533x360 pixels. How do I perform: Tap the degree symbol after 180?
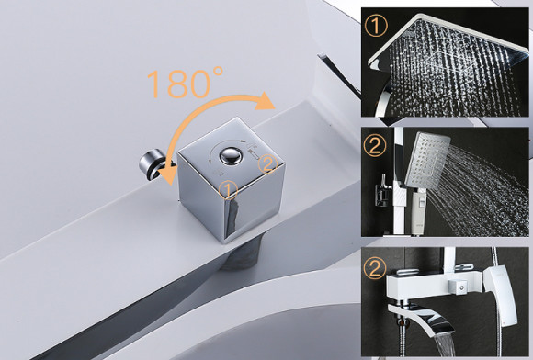(218, 72)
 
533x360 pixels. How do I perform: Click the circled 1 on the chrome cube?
(229, 189)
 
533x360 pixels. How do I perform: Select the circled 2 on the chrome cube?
(267, 163)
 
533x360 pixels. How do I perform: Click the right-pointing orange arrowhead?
(266, 100)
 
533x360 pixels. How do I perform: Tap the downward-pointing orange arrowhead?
(168, 173)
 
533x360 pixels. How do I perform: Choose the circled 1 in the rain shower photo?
(376, 26)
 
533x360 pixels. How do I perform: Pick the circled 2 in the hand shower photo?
(375, 146)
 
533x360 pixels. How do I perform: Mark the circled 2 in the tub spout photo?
(375, 268)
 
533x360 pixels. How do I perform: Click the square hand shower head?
(427, 159)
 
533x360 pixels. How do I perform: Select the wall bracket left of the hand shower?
(383, 192)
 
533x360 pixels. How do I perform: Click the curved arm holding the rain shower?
(384, 98)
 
